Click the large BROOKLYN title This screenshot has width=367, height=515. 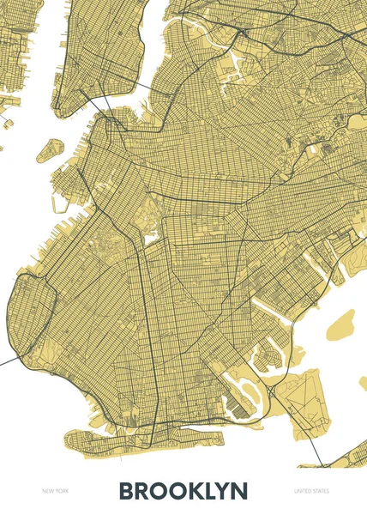(x=183, y=491)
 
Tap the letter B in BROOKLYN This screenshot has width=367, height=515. (x=127, y=491)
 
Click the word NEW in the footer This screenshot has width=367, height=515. (x=47, y=491)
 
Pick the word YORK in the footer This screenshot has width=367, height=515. (x=61, y=491)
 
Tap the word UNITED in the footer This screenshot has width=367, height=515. (x=302, y=491)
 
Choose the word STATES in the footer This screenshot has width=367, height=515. (x=320, y=491)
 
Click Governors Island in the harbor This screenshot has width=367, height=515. (x=51, y=148)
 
